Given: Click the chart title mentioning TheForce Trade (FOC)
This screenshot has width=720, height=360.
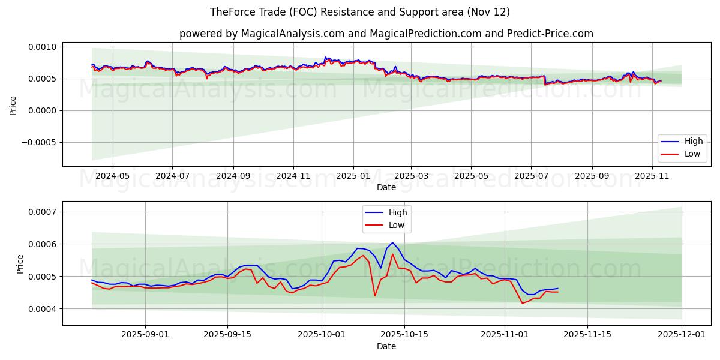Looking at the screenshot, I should (359, 12).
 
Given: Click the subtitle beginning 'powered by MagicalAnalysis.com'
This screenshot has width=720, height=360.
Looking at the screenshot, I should (386, 34).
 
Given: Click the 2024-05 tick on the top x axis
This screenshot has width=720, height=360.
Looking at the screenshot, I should (113, 176).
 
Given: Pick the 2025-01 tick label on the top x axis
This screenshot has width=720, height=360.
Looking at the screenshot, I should (353, 176).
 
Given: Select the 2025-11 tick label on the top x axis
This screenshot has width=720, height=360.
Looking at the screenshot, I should (652, 176).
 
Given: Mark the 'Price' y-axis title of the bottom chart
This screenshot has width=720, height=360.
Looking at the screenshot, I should (20, 263).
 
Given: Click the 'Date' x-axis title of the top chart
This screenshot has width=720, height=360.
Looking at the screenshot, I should (386, 187).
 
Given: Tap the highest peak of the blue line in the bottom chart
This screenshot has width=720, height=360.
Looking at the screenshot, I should (392, 242).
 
